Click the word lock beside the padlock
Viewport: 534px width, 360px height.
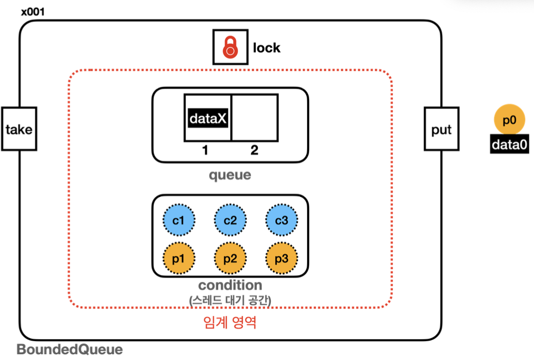267,48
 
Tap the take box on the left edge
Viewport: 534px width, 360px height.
19,129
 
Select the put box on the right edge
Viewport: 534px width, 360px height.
441,129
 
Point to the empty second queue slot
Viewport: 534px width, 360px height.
255,118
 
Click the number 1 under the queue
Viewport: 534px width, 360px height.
205,150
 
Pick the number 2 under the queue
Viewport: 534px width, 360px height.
254,150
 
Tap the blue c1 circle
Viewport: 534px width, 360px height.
179,221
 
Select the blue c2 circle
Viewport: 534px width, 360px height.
230,221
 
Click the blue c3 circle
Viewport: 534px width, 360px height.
282,221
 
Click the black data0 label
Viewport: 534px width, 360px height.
509,145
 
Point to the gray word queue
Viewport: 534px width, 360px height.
230,174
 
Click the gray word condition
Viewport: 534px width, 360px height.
230,285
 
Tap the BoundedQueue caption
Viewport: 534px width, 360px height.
70,349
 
